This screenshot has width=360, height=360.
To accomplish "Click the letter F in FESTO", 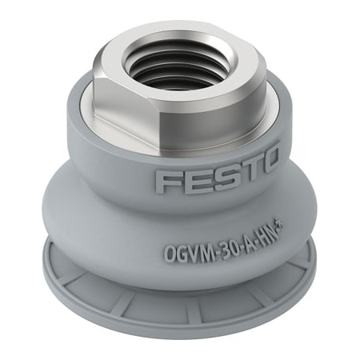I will coord(166,181).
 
